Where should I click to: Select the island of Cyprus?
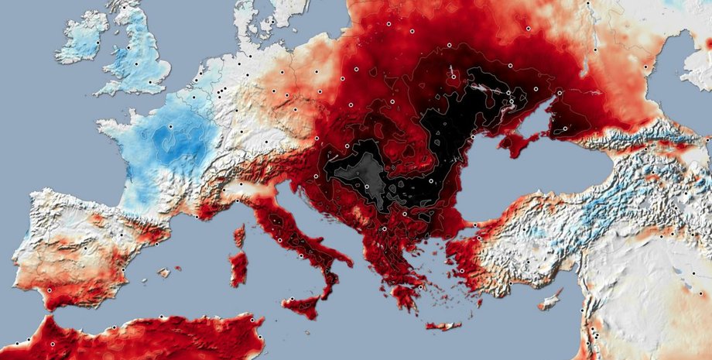[551, 299]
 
